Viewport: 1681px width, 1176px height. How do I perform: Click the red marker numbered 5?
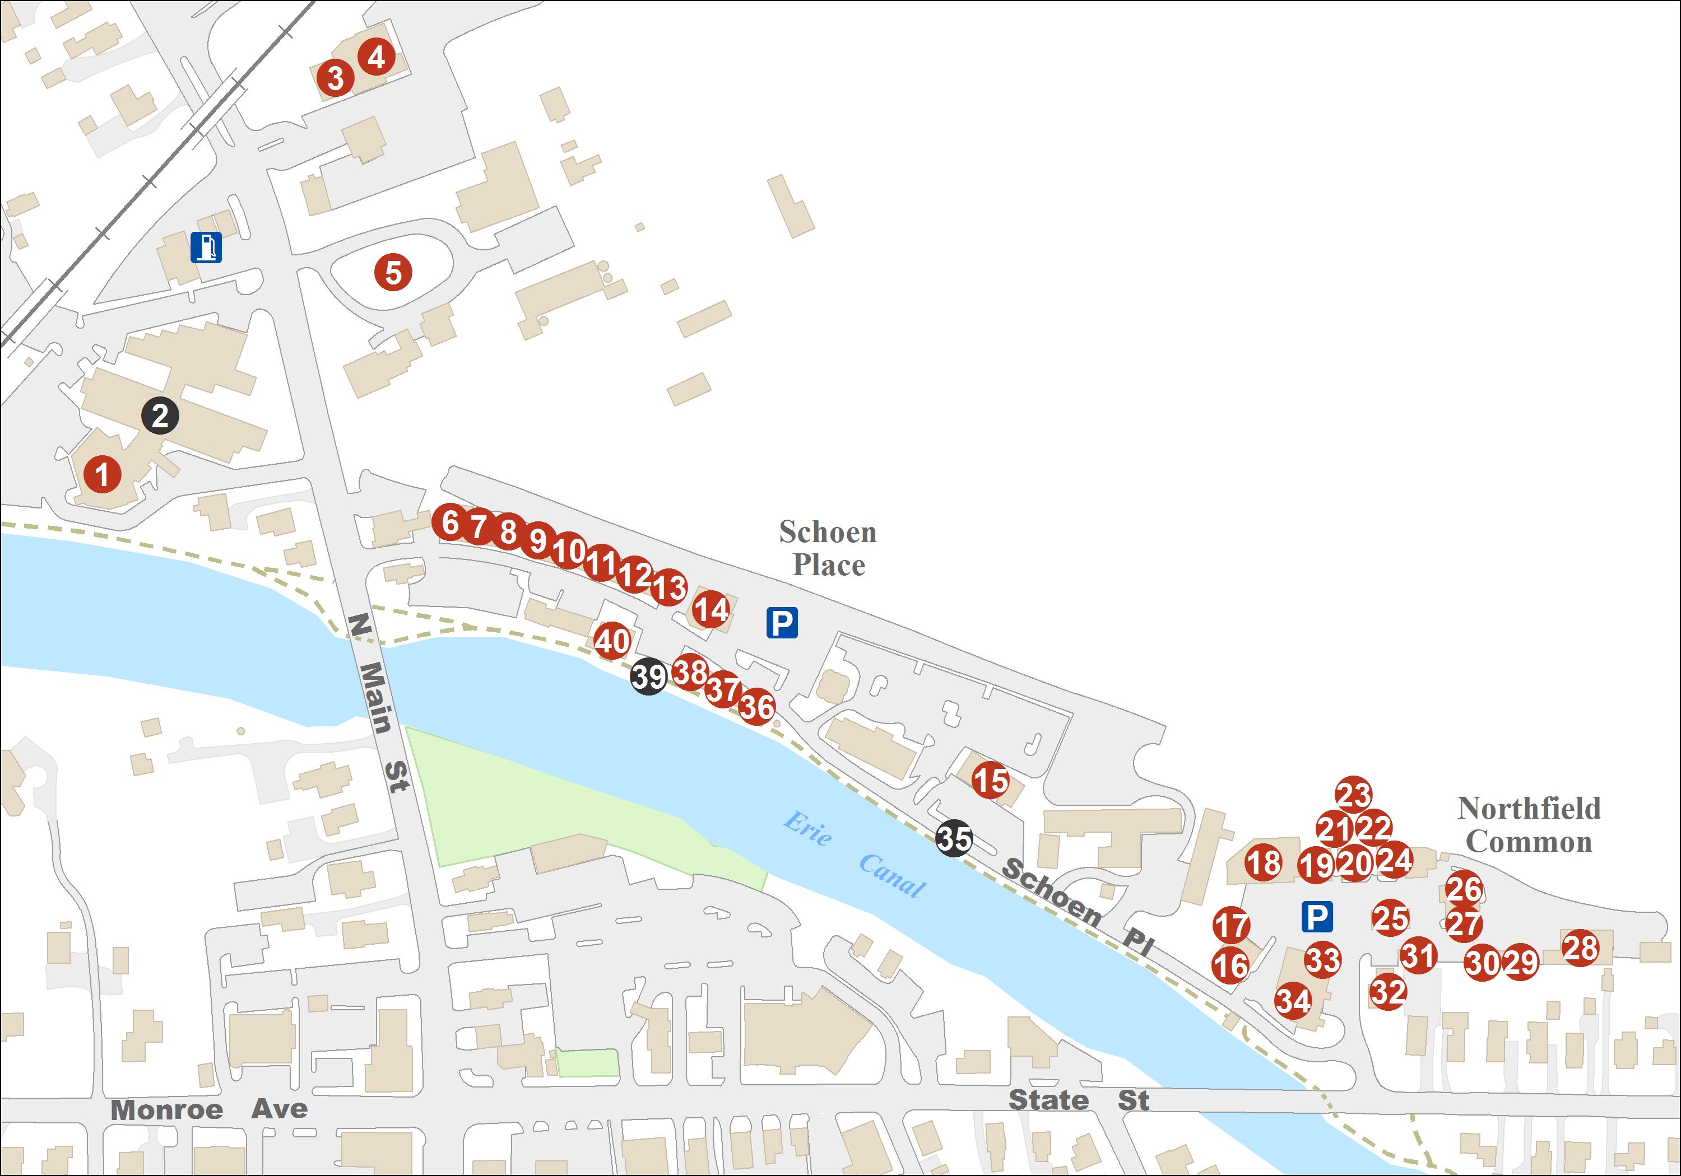393,272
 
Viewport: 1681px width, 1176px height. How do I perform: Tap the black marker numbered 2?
160,416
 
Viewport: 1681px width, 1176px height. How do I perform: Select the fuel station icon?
206,248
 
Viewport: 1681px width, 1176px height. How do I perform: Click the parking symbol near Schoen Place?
782,623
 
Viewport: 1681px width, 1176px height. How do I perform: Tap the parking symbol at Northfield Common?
1316,917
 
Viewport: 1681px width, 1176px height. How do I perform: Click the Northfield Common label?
1529,825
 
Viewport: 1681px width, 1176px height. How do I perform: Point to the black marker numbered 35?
954,839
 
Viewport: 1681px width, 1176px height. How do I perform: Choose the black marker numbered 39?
649,676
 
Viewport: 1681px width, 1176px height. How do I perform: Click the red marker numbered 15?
991,781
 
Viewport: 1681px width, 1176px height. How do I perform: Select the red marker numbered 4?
377,57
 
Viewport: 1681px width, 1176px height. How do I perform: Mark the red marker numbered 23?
1353,794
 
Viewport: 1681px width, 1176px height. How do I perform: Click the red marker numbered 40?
612,641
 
